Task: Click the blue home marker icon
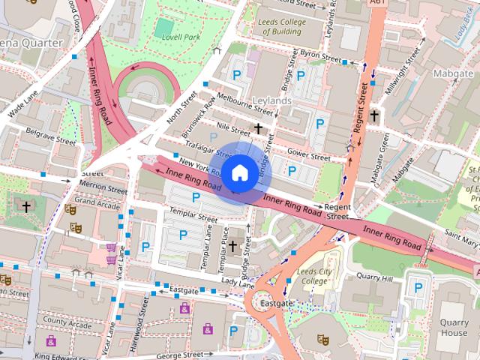pyautogui.click(x=238, y=172)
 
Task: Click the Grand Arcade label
pyautogui.click(x=96, y=202)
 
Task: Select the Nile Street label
pyautogui.click(x=232, y=128)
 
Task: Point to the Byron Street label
pyautogui.click(x=320, y=56)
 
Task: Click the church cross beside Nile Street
pyautogui.click(x=259, y=129)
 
